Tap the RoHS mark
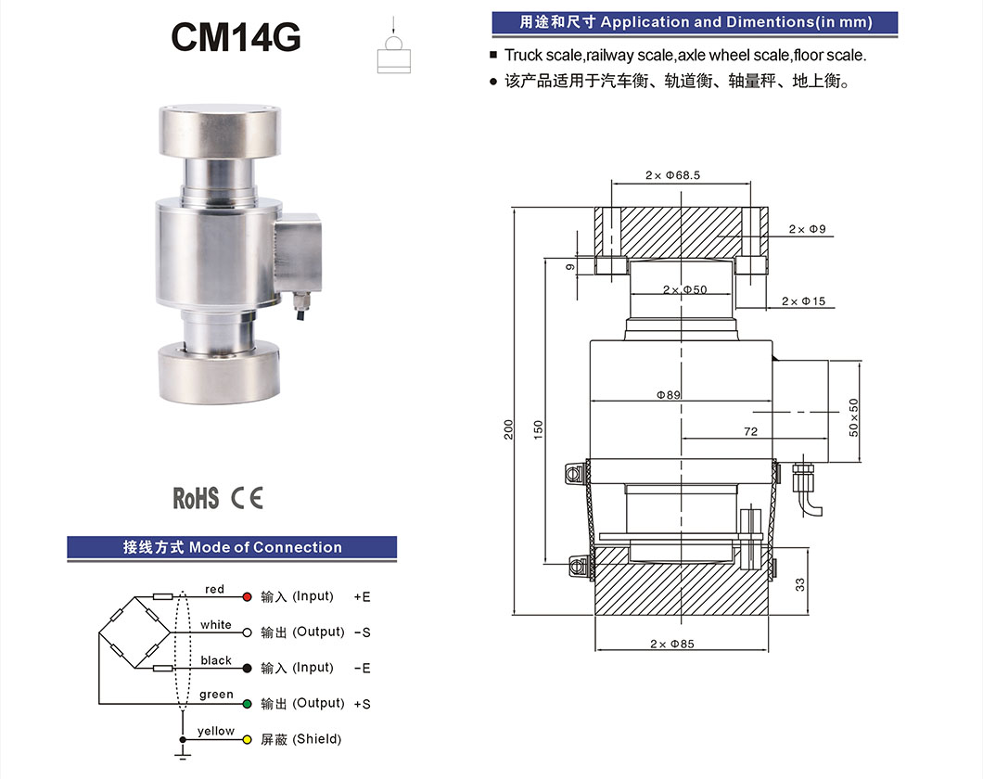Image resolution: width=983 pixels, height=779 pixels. point(196,498)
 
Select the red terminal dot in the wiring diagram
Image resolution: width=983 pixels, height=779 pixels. point(247,596)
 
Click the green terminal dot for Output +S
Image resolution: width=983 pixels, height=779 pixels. point(247,704)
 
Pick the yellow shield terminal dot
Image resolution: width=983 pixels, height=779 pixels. point(247,740)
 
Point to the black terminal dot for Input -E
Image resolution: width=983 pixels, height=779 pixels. point(247,668)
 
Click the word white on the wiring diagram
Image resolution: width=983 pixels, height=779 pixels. point(215,625)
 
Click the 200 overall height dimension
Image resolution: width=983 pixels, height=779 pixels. point(508,429)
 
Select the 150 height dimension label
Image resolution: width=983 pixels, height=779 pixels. point(538,429)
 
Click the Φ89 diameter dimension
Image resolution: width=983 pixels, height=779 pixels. point(669,394)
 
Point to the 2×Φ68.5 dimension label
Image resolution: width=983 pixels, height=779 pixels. point(672,174)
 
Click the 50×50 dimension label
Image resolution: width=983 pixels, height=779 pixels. point(854,417)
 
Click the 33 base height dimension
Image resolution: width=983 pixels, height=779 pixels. point(799,584)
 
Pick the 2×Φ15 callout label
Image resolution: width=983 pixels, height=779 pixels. point(803,301)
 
